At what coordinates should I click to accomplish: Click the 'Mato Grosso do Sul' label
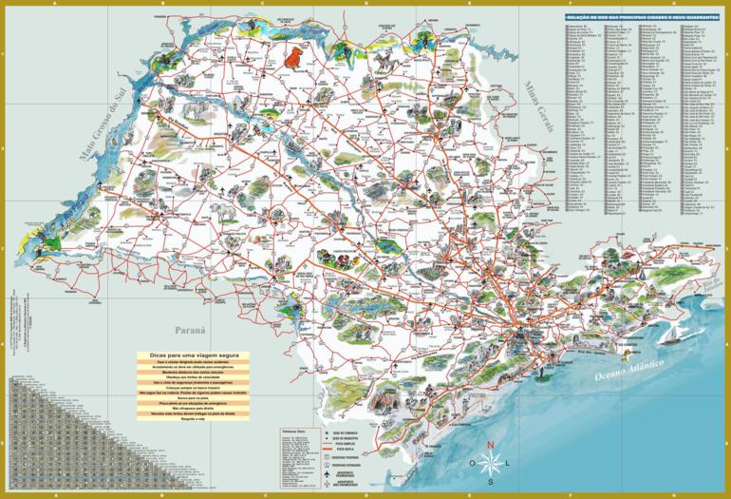[105, 132]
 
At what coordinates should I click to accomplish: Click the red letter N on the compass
[490, 445]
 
